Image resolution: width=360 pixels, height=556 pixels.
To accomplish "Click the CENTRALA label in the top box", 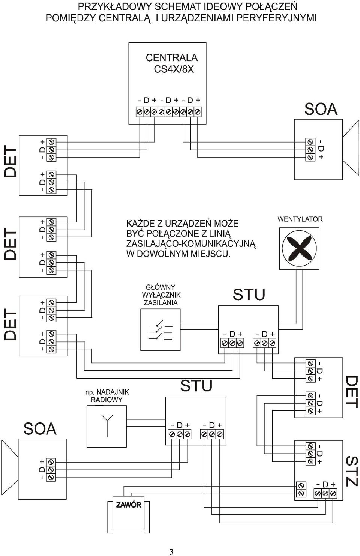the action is tap(172, 57).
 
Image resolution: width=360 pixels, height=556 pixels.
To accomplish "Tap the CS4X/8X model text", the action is tap(174, 69).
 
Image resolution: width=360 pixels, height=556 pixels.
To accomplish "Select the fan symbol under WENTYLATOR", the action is tap(299, 248).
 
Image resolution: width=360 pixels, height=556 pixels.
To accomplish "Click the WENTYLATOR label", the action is tap(300, 219).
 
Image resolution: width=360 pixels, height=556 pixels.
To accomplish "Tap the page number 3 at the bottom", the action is tap(171, 550).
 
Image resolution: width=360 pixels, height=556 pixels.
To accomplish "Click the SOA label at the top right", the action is tap(321, 109).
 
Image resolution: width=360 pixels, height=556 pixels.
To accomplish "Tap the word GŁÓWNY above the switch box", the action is tap(160, 287).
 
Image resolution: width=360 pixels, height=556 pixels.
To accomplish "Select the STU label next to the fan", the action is tap(249, 295).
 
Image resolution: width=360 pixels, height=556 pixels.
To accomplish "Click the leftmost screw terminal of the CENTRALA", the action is tap(139, 112).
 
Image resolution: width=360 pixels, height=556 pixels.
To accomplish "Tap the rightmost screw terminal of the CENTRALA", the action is tap(198, 112).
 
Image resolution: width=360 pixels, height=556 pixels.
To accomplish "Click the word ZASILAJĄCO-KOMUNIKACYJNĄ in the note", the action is tap(191, 244).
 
